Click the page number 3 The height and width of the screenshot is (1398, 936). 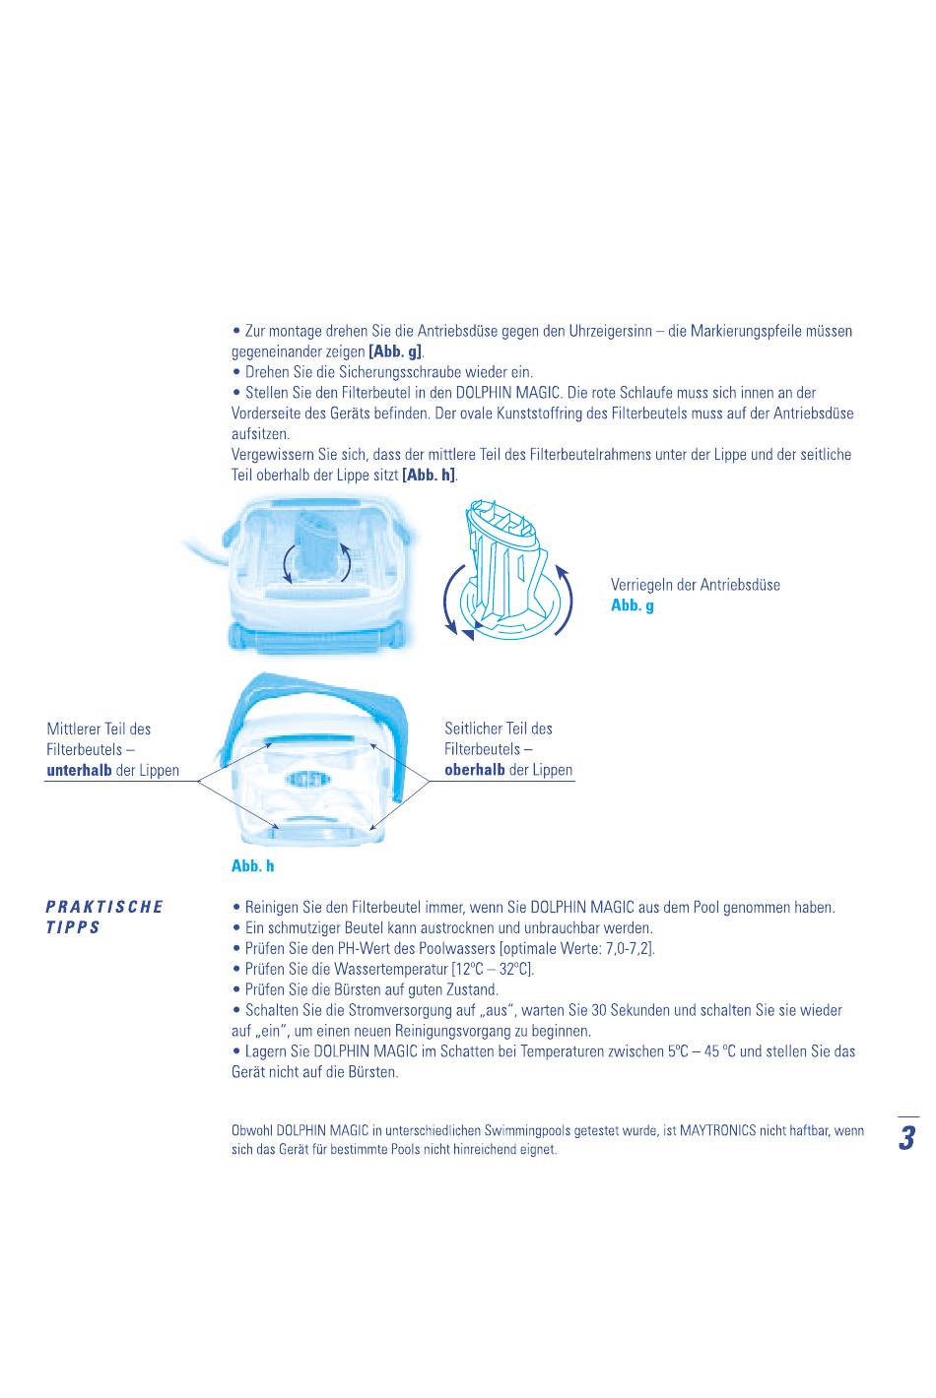(907, 1137)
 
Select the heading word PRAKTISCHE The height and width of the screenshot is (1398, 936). (104, 907)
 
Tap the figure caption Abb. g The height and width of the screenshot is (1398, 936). (632, 605)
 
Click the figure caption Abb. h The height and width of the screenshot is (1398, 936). (252, 865)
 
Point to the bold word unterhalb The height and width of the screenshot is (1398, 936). (79, 770)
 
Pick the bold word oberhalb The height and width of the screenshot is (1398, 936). (474, 770)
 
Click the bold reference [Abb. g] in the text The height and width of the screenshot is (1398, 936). (396, 351)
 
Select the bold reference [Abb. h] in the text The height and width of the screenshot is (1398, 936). (429, 475)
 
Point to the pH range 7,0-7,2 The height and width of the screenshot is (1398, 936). (629, 949)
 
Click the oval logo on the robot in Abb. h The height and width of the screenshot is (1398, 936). (307, 779)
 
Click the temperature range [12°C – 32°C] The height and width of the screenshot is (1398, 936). (493, 969)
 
